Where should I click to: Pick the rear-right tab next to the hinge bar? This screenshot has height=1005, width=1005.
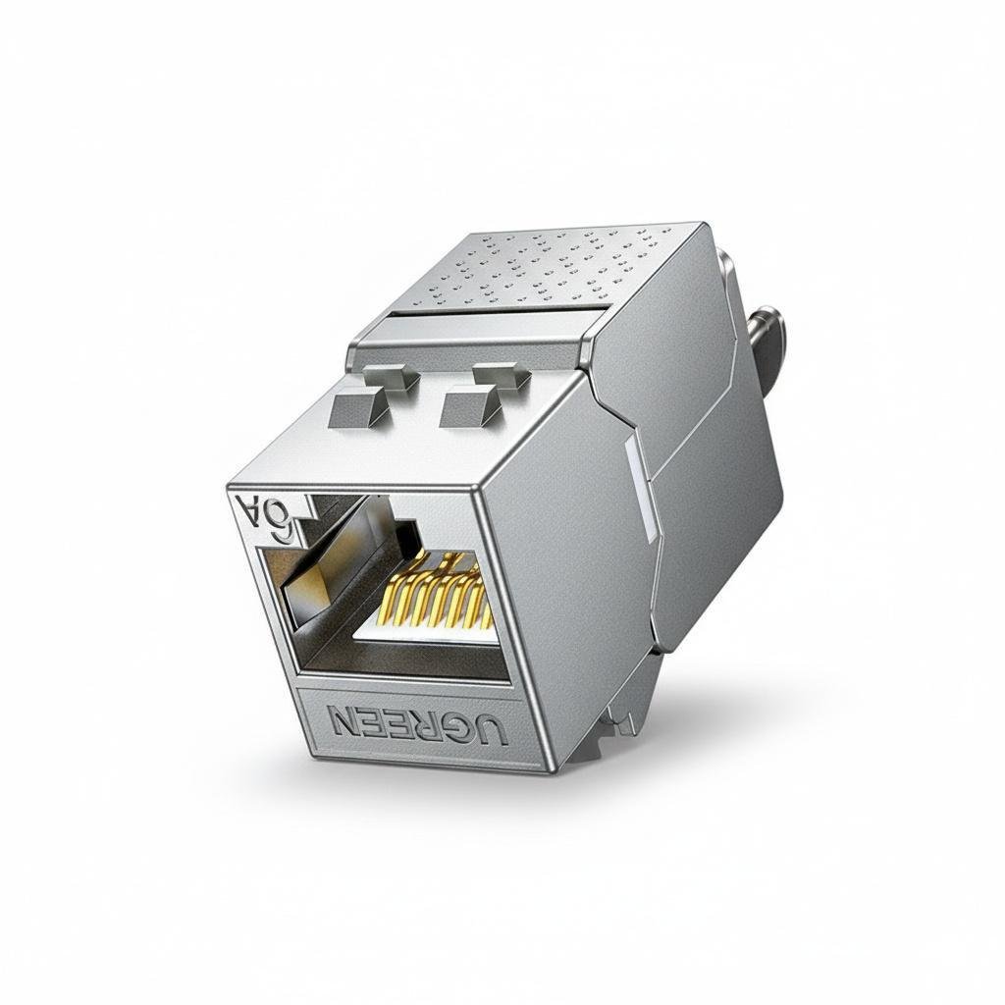tap(500, 375)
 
